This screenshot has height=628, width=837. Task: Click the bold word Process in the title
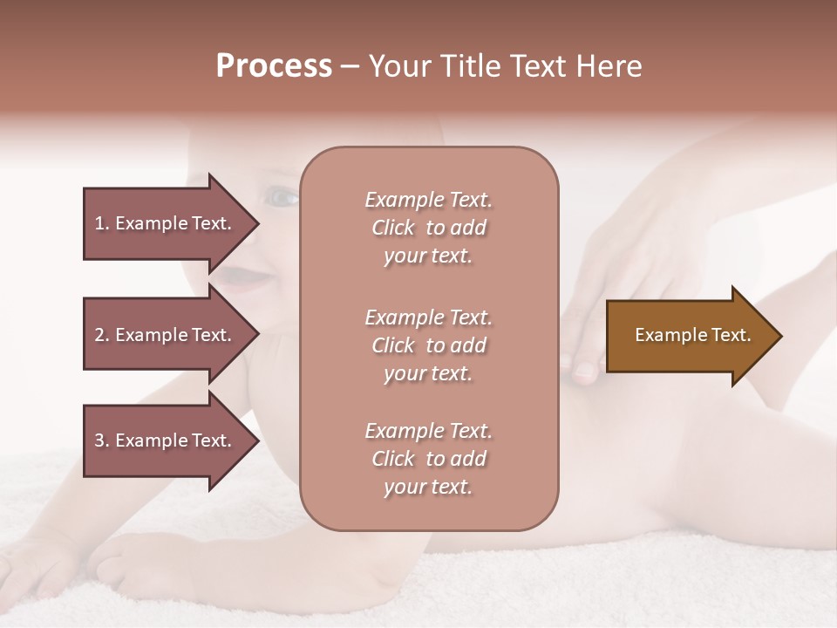274,66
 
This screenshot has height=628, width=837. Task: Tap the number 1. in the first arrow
102,223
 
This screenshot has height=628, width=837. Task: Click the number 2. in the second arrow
102,335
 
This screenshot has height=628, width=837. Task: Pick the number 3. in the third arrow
102,440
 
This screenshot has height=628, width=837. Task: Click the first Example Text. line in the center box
428,200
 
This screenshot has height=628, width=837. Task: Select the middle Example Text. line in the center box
428,317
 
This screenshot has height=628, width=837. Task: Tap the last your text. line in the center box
428,488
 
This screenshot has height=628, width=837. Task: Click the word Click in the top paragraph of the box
393,228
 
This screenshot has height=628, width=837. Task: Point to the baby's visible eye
282,198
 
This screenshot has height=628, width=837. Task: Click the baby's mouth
234,277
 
